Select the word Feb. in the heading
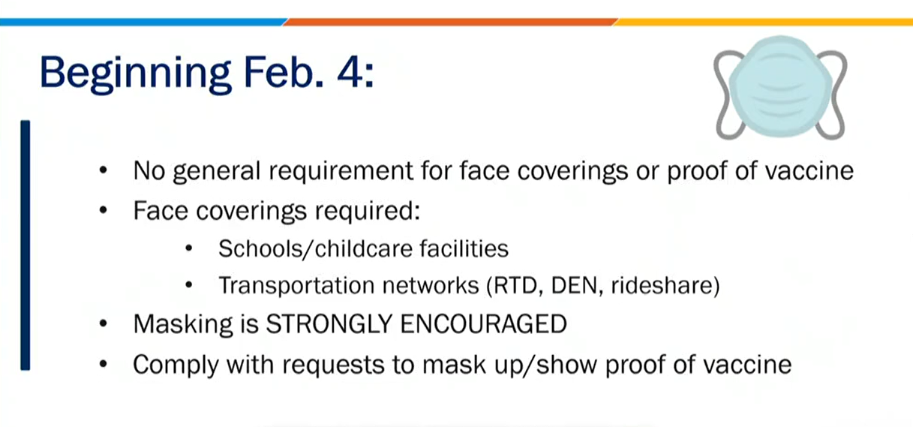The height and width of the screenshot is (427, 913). pyautogui.click(x=284, y=72)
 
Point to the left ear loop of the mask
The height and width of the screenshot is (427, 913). pyautogui.click(x=723, y=94)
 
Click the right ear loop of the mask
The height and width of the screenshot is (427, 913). pyautogui.click(x=836, y=94)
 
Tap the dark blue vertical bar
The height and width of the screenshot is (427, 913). pyautogui.click(x=26, y=245)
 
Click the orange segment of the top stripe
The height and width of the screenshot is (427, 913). pyautogui.click(x=450, y=22)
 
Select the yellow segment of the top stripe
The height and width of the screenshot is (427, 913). pyautogui.click(x=763, y=22)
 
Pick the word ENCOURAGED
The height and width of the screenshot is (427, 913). pyautogui.click(x=483, y=324)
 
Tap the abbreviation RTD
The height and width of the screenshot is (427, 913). pyautogui.click(x=515, y=285)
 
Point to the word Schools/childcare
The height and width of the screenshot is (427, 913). pyautogui.click(x=316, y=248)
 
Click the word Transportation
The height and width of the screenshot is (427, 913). pyautogui.click(x=296, y=285)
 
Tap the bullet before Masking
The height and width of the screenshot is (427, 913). pyautogui.click(x=103, y=324)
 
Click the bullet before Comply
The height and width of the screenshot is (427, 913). pyautogui.click(x=103, y=364)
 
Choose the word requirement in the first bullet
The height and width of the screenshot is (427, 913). pyautogui.click(x=341, y=171)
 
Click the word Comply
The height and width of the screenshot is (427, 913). pyautogui.click(x=176, y=365)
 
